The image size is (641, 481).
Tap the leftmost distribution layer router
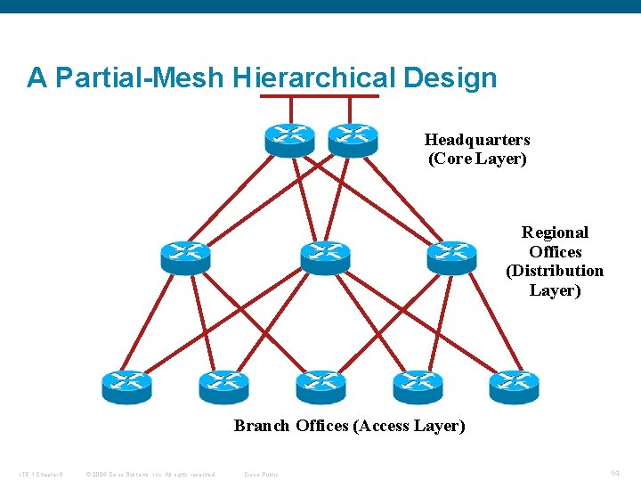point(185,257)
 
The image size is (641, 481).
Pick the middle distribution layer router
point(325,257)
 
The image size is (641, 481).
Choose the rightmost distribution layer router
point(451,257)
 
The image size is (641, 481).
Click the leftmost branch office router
point(126,386)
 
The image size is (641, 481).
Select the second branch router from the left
point(223,386)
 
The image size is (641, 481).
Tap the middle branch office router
point(320,386)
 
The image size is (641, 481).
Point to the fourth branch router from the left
point(418,386)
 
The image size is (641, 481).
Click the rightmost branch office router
point(514,386)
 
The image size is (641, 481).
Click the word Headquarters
point(477,140)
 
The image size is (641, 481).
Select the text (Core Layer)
point(477,159)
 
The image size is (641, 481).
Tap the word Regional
point(555,232)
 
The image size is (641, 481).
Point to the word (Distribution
point(555,271)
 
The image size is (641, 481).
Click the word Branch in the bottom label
point(262,426)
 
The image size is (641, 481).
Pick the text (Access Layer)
point(409,426)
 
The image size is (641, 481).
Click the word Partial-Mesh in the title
point(139,78)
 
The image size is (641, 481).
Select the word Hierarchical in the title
point(314,78)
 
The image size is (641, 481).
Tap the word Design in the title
point(450,78)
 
